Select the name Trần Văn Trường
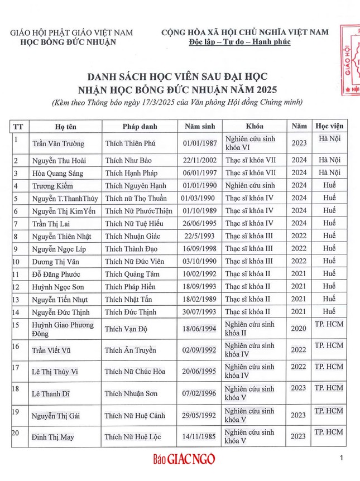58,143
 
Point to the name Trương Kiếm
53,185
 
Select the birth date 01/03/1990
198,198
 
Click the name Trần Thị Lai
52,223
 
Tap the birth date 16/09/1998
199,248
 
